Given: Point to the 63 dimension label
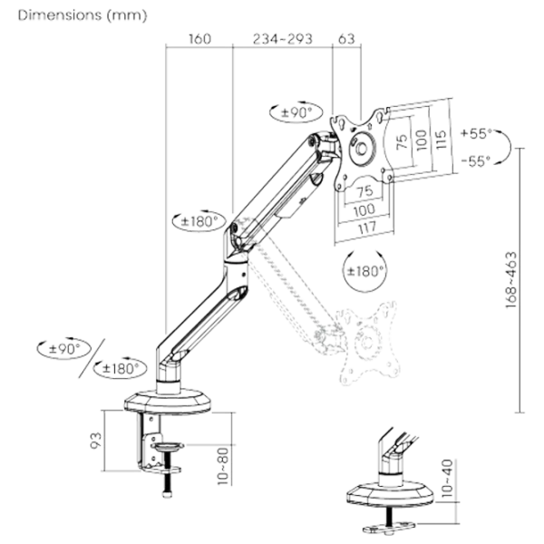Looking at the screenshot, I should coord(345,39).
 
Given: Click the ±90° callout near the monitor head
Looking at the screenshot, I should coord(296,111).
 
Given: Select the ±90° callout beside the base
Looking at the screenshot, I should coord(62,348).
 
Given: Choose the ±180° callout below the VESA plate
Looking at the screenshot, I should coord(368,269).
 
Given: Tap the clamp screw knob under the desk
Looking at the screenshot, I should coord(165,481).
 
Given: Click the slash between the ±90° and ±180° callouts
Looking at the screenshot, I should coord(95,357).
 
